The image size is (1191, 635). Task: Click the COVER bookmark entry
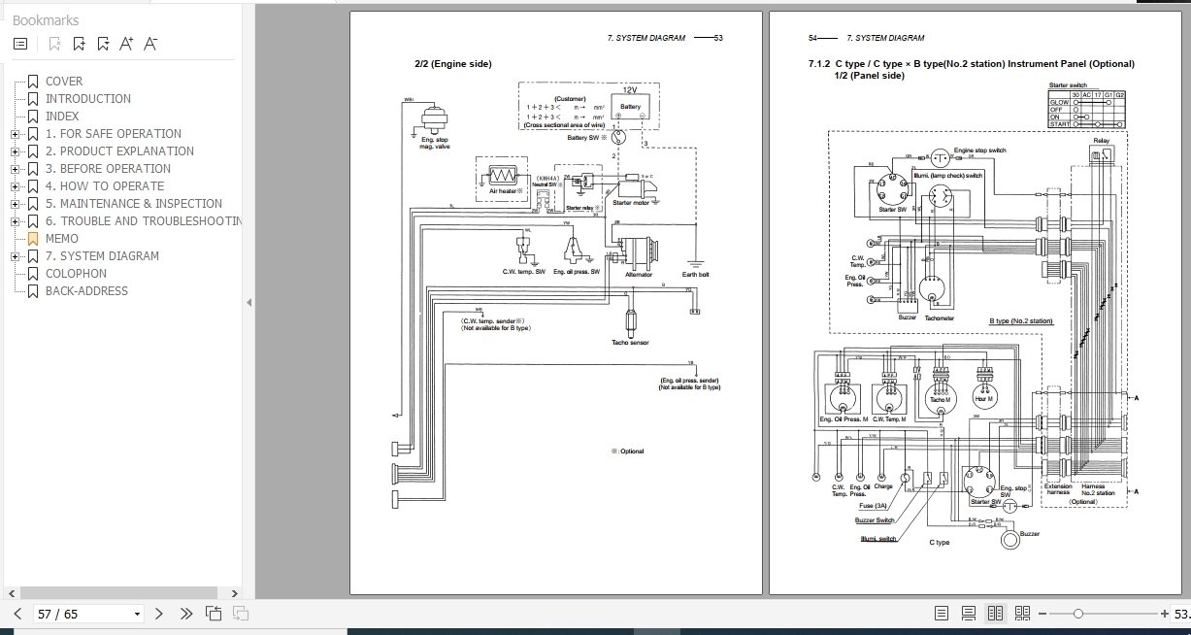[x=64, y=82]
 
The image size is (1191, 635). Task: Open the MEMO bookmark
[x=62, y=239]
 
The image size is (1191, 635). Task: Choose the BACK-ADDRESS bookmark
[x=86, y=291]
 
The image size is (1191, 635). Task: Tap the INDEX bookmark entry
[x=62, y=117]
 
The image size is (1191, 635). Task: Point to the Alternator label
[x=639, y=275]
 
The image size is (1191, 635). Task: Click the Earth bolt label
[x=695, y=275]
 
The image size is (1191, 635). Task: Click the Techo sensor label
[x=630, y=343]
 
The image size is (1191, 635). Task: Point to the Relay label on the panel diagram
[x=1101, y=142]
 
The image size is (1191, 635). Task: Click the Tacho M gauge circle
[x=939, y=398]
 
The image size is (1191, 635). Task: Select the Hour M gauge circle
[x=985, y=398]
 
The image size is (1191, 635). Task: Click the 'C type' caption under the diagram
[x=940, y=543]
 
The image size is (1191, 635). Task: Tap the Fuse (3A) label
[x=874, y=506]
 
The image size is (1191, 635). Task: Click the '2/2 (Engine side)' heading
[x=453, y=64]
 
